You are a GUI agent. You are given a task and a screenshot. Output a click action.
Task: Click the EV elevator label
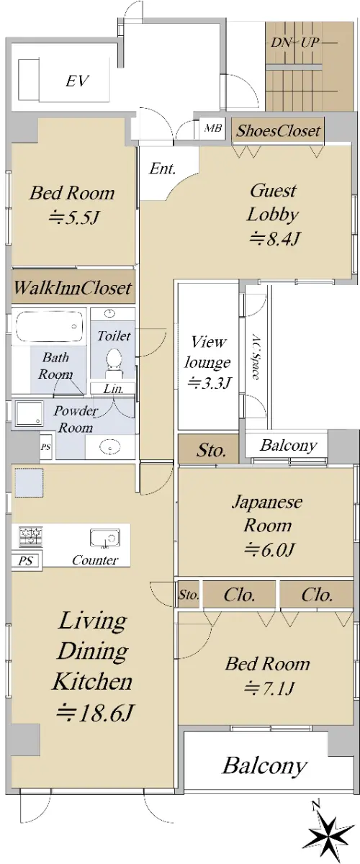[78, 81]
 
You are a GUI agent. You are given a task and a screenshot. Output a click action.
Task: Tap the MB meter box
[213, 127]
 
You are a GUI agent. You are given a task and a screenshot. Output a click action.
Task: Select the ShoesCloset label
[278, 131]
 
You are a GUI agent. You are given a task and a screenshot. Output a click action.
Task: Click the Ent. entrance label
[163, 168]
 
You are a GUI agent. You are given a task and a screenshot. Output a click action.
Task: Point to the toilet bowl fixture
[114, 361]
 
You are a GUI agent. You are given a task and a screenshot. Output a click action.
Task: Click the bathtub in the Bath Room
[49, 326]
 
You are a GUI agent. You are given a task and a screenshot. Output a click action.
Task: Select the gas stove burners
[31, 536]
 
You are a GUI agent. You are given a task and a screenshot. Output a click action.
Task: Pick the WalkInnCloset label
[73, 288]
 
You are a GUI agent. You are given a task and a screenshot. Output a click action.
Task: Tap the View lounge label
[207, 352]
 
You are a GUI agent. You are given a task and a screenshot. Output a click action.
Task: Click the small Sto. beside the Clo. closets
[189, 595]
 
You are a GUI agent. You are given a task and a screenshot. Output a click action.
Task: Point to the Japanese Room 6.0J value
[270, 549]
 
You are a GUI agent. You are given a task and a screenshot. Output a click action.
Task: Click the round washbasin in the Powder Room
[109, 447]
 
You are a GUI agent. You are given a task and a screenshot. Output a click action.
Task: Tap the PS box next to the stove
[25, 560]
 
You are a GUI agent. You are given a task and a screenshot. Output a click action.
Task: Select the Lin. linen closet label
[113, 388]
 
